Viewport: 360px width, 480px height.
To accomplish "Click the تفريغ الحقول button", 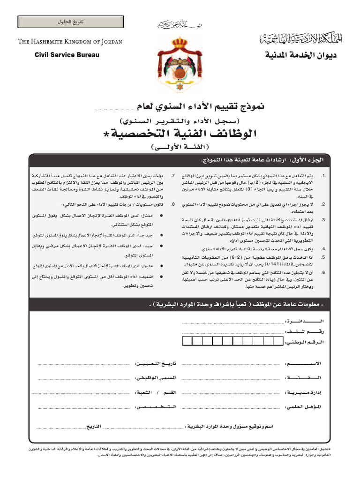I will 70,22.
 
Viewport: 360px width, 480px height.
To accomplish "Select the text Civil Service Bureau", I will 67,55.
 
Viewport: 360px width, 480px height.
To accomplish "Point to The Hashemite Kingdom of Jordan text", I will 70,42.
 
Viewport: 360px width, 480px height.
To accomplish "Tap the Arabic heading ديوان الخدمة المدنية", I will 301,56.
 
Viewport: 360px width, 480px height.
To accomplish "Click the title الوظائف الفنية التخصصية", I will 180,134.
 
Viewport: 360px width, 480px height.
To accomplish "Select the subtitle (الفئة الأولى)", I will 180,148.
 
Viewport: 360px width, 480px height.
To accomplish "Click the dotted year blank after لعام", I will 114,109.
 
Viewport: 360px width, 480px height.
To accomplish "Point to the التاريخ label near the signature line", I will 91,427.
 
